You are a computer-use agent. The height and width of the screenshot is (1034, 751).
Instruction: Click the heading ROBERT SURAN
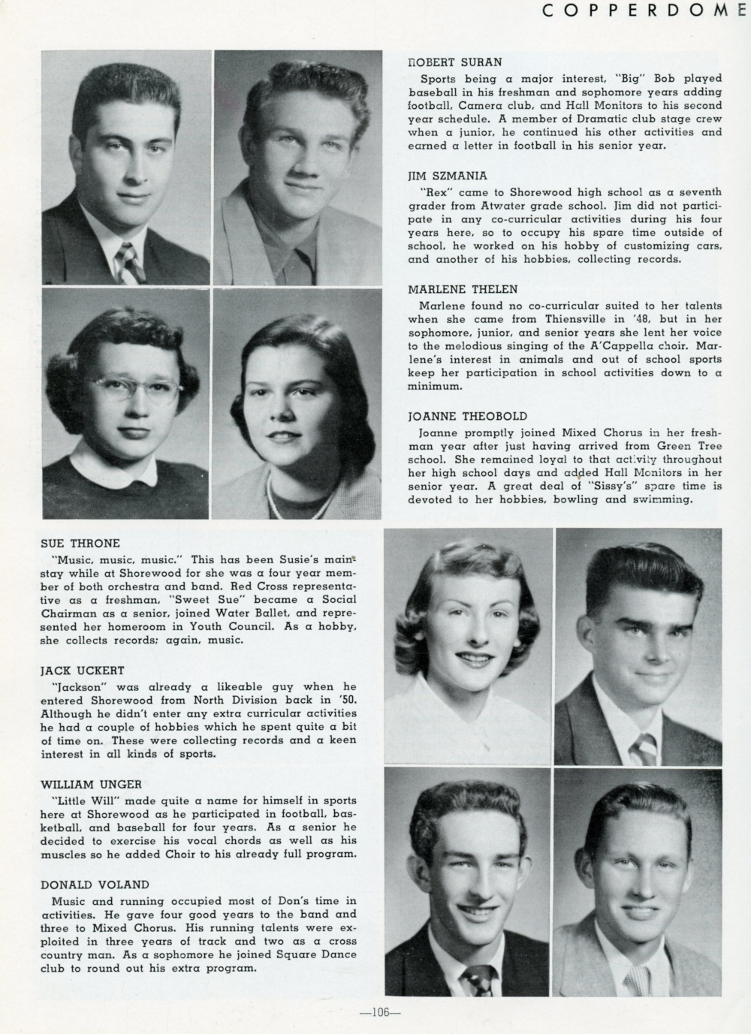(454, 62)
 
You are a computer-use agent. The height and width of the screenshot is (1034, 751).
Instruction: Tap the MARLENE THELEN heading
(463, 288)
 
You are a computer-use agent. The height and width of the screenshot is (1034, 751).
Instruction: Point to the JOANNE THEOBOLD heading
(467, 415)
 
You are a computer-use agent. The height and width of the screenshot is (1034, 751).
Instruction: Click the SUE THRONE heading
(80, 543)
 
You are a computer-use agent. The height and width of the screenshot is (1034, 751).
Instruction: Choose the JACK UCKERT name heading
(83, 670)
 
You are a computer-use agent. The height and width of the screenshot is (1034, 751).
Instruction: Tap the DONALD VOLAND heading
(95, 885)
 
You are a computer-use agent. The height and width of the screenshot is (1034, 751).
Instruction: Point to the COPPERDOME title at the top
(646, 11)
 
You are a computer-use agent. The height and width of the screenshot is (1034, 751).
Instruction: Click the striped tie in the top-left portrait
(128, 262)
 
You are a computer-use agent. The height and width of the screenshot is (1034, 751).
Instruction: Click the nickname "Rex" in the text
(436, 191)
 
